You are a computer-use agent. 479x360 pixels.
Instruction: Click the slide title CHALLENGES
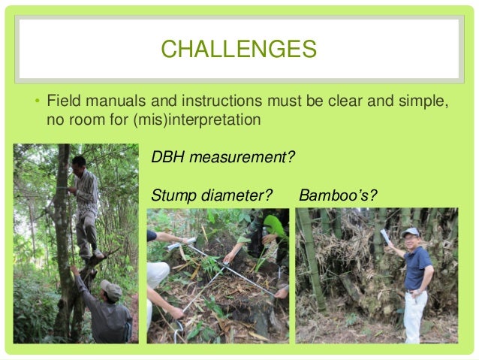pos(239,50)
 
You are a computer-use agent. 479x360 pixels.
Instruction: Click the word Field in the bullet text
pos(62,101)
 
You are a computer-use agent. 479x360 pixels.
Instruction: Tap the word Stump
pos(171,196)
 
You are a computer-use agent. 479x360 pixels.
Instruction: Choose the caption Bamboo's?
pos(338,196)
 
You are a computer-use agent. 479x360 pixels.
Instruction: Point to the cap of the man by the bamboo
pos(411,232)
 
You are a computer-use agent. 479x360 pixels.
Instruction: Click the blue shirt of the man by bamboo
pos(417,267)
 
